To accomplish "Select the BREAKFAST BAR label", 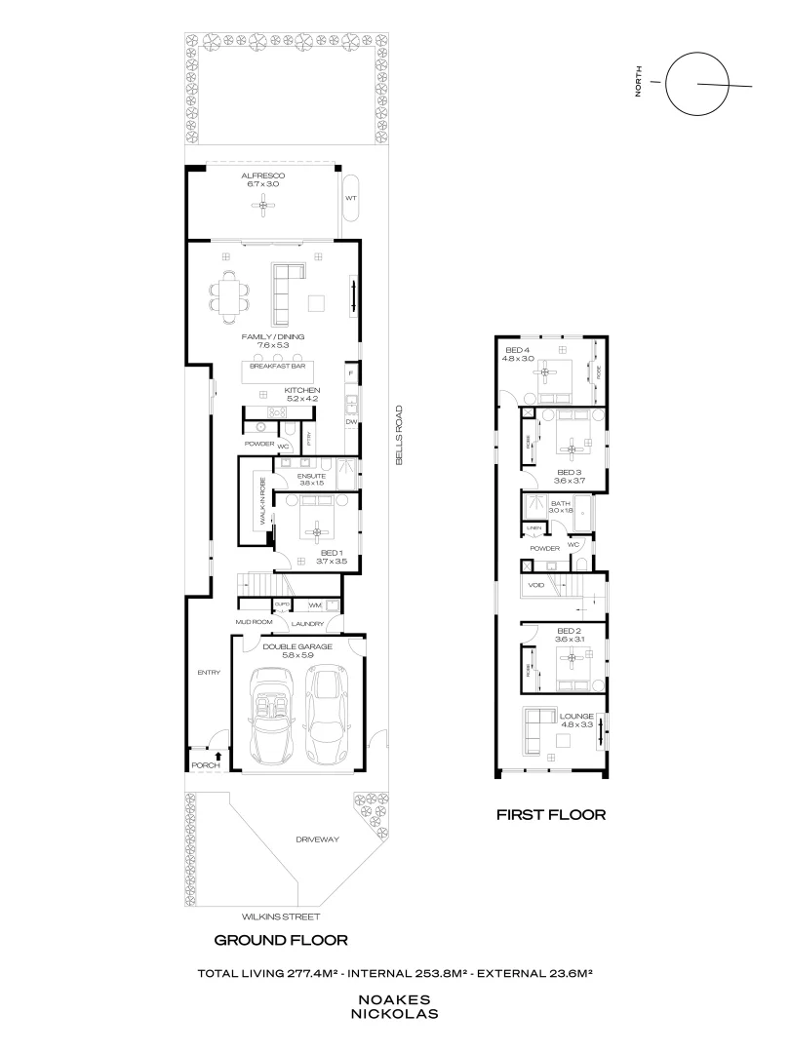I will [x=278, y=367].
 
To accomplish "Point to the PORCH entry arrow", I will [x=217, y=756].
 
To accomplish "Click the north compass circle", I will [x=699, y=83].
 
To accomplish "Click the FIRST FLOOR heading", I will [x=551, y=814].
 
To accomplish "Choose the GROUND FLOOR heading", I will [x=281, y=941].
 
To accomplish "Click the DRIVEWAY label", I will [x=319, y=839].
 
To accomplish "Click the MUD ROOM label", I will [x=253, y=620].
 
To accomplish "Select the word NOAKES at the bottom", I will [x=394, y=999].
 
